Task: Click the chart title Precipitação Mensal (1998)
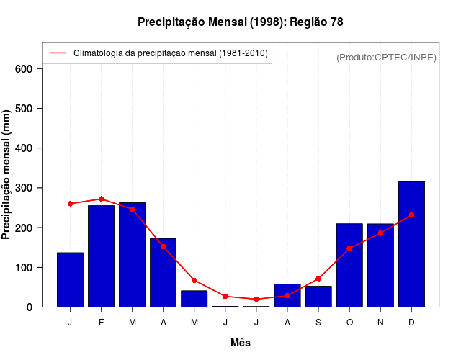(x=240, y=22)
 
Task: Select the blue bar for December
(x=411, y=244)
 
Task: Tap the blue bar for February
(x=101, y=256)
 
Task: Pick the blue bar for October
(x=349, y=265)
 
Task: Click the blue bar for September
(x=318, y=296)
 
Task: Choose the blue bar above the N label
(x=380, y=265)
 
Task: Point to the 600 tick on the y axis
(x=24, y=69)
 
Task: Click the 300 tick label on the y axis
(x=24, y=188)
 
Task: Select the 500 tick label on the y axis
(x=24, y=109)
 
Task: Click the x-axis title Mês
(x=241, y=343)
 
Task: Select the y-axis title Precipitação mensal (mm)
(x=7, y=175)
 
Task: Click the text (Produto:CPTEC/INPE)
(x=386, y=57)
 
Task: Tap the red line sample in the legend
(x=58, y=53)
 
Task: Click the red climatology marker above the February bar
(x=101, y=199)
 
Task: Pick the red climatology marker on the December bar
(x=411, y=215)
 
